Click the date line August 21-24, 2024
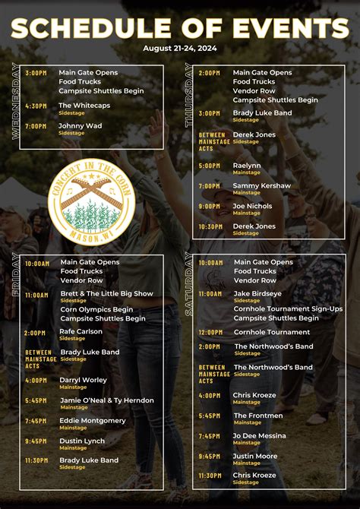(179, 48)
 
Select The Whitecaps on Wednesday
(84, 106)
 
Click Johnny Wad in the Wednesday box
(80, 125)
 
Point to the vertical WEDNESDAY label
(16, 101)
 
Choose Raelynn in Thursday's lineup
(247, 165)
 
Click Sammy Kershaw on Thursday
(261, 185)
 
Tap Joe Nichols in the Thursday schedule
(253, 206)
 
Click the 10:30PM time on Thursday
(210, 226)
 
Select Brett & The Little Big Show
(106, 293)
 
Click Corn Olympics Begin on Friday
(96, 309)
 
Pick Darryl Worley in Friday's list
(84, 380)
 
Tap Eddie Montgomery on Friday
(93, 420)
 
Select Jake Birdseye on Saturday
(257, 293)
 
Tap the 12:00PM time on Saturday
(210, 333)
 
